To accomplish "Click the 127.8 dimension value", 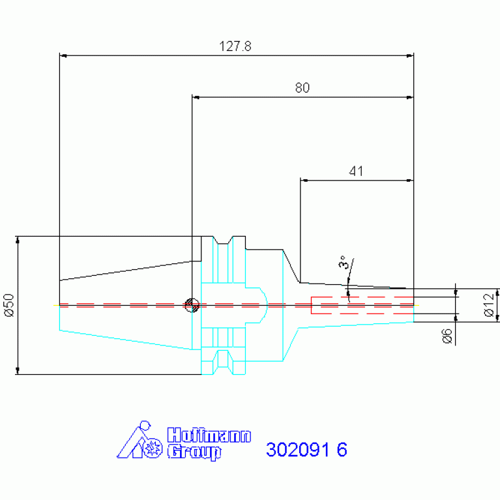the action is click(235, 46).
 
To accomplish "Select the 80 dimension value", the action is click(302, 88).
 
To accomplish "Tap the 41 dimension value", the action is click(356, 171).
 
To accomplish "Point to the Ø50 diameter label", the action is click(10, 305).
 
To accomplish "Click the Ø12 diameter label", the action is click(489, 305).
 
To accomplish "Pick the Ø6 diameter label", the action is click(447, 336).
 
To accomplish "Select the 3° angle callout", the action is click(343, 262).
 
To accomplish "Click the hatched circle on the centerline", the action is click(192, 305).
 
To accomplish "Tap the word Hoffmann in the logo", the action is click(209, 435).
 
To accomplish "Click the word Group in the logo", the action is click(194, 452).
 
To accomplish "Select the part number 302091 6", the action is click(306, 450).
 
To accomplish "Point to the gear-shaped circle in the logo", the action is click(153, 448).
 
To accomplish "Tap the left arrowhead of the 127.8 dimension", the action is click(63, 56).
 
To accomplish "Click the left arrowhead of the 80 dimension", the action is click(196, 97).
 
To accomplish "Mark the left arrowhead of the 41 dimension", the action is click(304, 181).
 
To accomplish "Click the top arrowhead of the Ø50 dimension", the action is click(18, 240).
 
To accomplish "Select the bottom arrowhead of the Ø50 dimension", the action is click(18, 370).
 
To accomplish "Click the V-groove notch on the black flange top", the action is click(223, 241).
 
